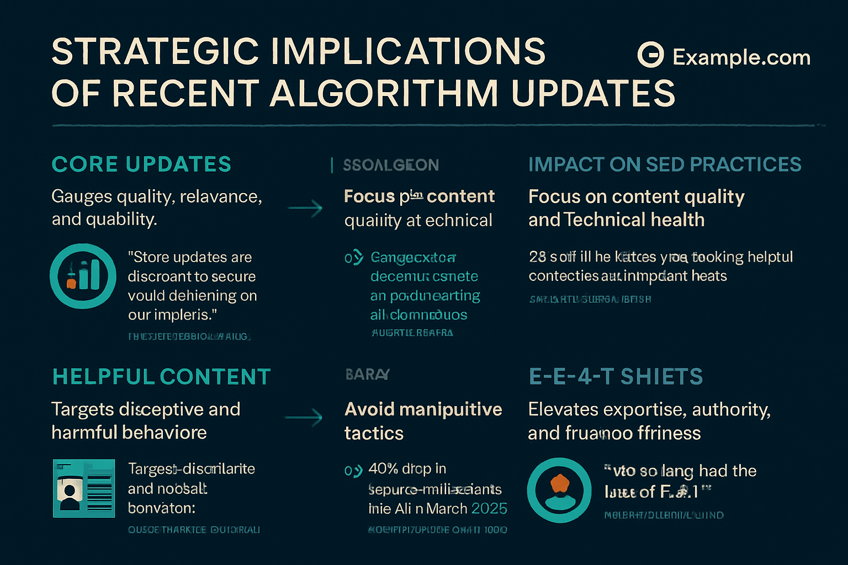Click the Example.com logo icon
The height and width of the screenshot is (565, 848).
tap(650, 55)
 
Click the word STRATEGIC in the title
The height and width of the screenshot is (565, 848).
tap(155, 52)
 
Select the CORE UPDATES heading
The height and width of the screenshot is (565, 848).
tap(141, 164)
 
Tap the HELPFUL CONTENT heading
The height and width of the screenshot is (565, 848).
tap(161, 377)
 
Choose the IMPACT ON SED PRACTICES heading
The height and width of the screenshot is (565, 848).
tap(665, 164)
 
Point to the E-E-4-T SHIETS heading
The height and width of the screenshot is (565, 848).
tap(616, 377)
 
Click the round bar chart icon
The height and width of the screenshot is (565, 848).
tap(83, 276)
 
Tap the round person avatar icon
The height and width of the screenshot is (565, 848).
tap(559, 490)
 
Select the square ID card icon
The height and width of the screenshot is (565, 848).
tap(84, 488)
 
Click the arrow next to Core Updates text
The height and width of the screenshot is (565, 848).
tap(305, 208)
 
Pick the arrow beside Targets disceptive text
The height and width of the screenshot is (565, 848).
tap(304, 418)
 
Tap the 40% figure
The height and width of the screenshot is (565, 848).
tap(383, 468)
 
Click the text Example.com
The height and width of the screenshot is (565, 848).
tap(741, 57)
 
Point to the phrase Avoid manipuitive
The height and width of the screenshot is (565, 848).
tap(423, 409)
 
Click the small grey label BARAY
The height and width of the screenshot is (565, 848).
tap(367, 375)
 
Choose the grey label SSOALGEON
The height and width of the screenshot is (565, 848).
tap(391, 165)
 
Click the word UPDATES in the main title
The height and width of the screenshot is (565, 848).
tap(593, 93)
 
